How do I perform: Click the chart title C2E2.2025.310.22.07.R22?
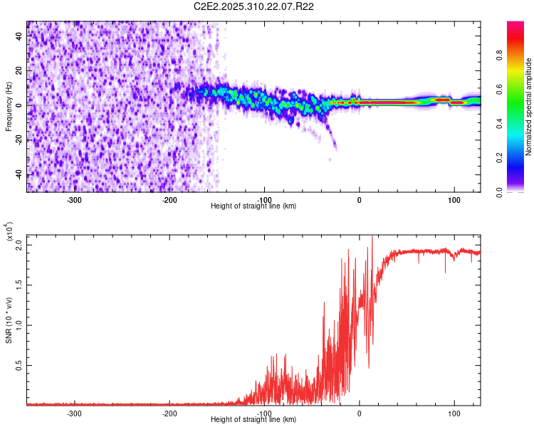click(254, 6)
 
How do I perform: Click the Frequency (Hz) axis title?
click(9, 107)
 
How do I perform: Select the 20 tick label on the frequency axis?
click(19, 70)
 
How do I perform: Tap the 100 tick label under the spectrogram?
click(454, 200)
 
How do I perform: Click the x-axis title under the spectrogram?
click(253, 206)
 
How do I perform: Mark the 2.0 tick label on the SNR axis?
click(17, 245)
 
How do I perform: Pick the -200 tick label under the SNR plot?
click(169, 413)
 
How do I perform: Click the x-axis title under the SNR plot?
click(253, 420)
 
